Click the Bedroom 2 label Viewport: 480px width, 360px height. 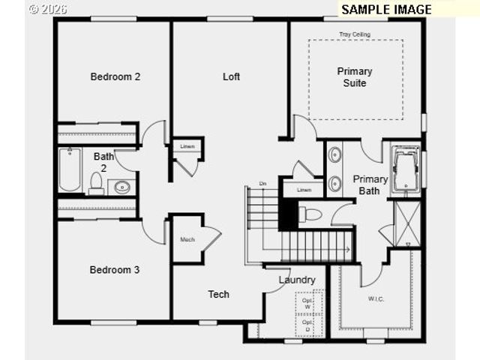coord(115,76)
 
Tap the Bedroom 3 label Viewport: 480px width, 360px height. coord(115,270)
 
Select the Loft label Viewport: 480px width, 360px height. coord(231,76)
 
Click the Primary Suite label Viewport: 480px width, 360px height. coord(355,77)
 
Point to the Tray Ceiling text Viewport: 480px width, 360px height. coord(355,34)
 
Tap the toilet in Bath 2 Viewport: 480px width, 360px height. coord(96,182)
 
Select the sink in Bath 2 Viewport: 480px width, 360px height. coord(121,187)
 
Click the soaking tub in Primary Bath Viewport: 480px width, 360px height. coord(406,171)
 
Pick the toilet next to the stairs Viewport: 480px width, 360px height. coord(310,215)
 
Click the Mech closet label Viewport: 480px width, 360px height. coord(187,240)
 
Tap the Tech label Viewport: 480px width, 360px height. coord(219,294)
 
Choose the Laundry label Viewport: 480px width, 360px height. coord(297,280)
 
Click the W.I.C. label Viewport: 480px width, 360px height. coord(376,299)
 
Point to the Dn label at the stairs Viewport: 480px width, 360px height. coord(262,184)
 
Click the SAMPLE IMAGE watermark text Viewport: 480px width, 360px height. coord(386,9)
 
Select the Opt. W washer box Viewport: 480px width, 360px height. coord(307,303)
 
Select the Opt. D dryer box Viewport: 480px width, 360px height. coord(307,325)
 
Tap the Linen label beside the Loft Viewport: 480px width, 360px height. coord(187,145)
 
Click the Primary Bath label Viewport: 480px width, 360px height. coord(370,185)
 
